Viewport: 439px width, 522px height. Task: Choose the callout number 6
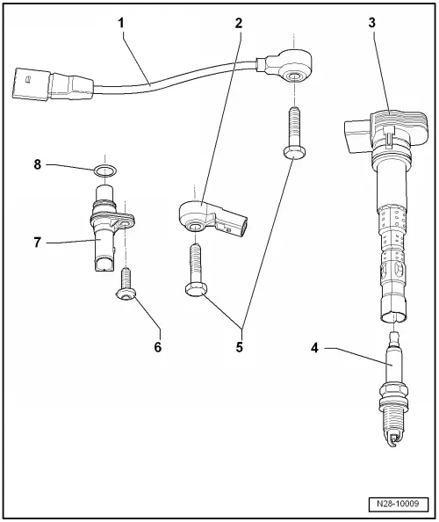coord(158,346)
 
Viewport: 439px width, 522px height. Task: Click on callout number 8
coord(39,163)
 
